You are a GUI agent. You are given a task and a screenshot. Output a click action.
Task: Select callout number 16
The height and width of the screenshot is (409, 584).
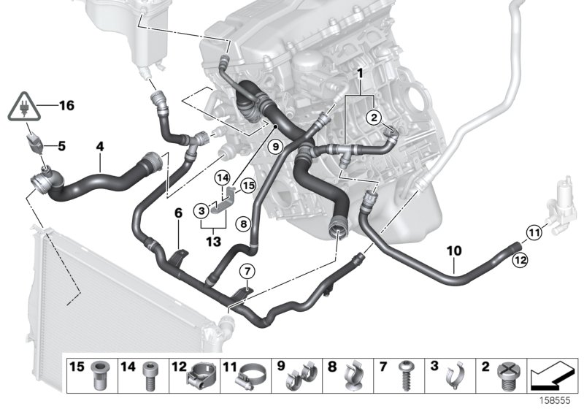pyautogui.click(x=66, y=107)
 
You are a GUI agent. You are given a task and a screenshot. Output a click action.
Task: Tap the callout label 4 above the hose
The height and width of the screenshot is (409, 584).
pyautogui.click(x=101, y=147)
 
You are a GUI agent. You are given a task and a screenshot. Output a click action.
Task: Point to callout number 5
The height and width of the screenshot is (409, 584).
pyautogui.click(x=61, y=145)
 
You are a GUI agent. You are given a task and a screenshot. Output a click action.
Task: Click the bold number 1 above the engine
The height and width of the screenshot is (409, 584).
pyautogui.click(x=358, y=74)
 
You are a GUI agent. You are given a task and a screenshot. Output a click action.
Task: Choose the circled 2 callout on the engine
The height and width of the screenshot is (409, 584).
pyautogui.click(x=372, y=117)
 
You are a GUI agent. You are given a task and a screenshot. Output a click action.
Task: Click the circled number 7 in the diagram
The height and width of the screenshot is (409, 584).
pyautogui.click(x=247, y=272)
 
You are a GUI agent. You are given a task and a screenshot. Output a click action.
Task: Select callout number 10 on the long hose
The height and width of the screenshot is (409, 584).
pyautogui.click(x=453, y=251)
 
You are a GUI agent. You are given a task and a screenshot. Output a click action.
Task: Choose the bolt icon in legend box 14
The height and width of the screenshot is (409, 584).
pyautogui.click(x=152, y=377)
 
